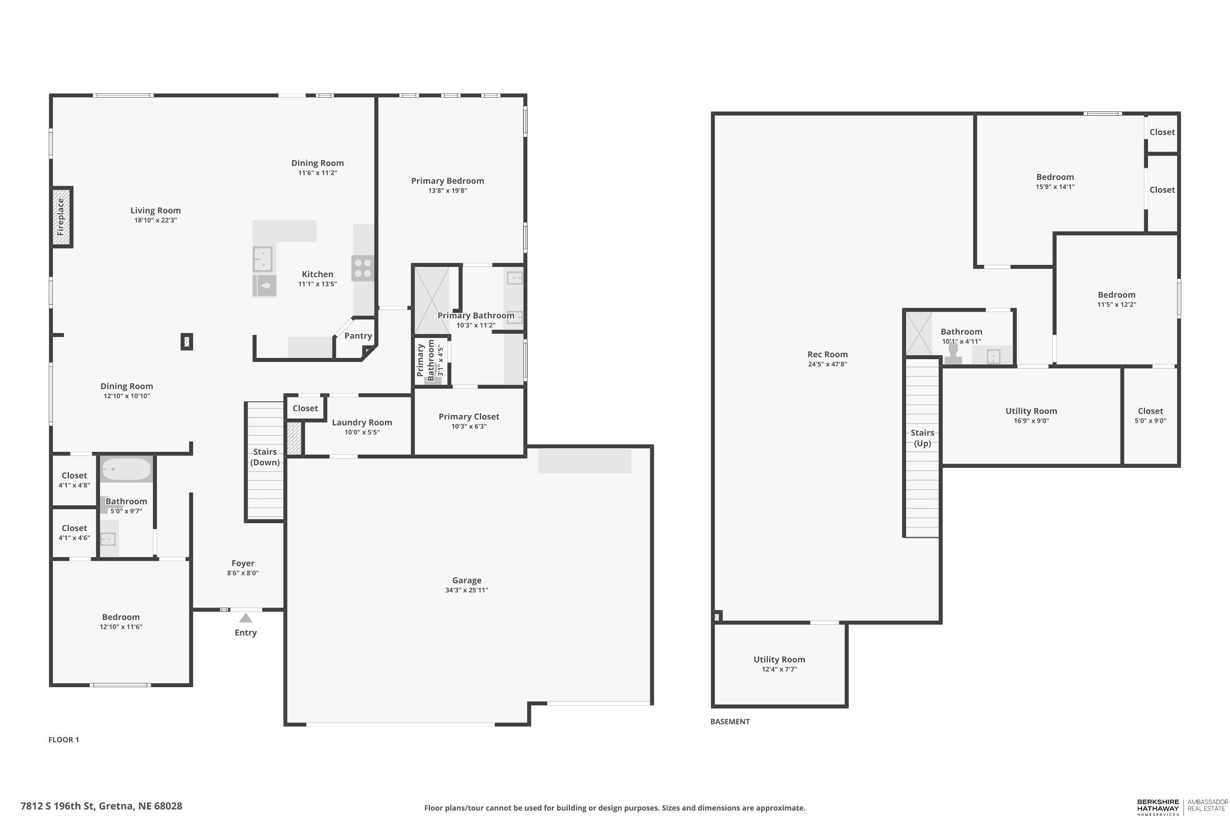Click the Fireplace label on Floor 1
point(61,216)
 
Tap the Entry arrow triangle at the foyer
point(246,618)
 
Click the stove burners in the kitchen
point(362,268)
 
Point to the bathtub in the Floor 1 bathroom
point(125,469)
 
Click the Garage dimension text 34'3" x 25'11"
point(467,590)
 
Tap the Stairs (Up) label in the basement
point(922,438)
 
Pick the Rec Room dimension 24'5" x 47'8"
point(827,364)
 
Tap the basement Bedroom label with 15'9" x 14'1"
point(1055,177)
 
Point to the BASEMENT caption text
point(729,722)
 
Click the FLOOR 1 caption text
point(63,740)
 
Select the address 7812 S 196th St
point(101,806)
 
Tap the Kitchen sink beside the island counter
point(263,258)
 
